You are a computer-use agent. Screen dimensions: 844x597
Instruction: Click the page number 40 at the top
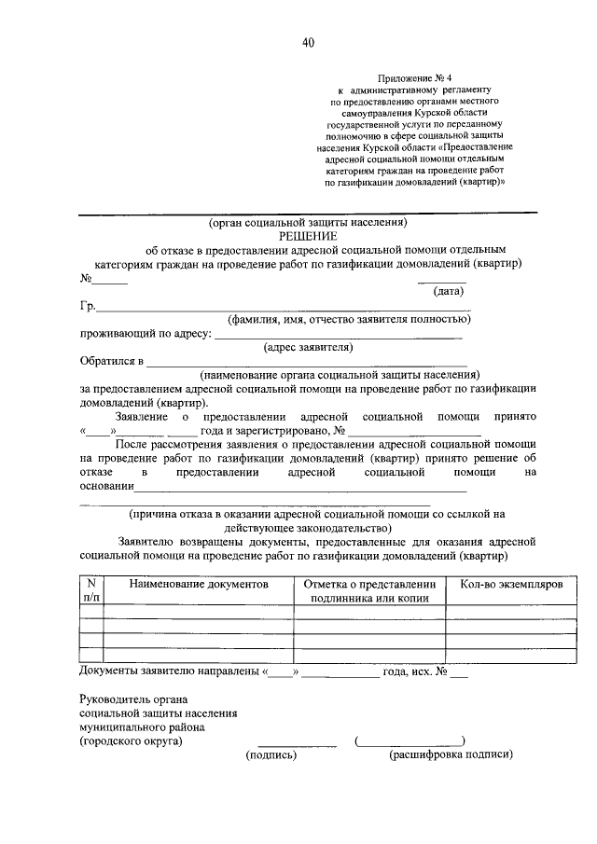pyautogui.click(x=308, y=42)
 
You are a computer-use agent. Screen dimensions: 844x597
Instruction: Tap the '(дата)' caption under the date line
pyautogui.click(x=443, y=292)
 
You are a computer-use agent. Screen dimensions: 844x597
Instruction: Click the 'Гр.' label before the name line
pyautogui.click(x=89, y=306)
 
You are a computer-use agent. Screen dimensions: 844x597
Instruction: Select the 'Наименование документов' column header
pyautogui.click(x=199, y=583)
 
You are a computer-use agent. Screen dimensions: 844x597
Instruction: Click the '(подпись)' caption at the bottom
pyautogui.click(x=271, y=755)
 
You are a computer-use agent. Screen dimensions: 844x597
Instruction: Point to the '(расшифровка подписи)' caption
pyautogui.click(x=451, y=755)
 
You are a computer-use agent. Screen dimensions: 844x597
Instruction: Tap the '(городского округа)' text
pyautogui.click(x=132, y=741)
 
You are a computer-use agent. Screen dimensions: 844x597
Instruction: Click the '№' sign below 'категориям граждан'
pyautogui.click(x=86, y=278)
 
